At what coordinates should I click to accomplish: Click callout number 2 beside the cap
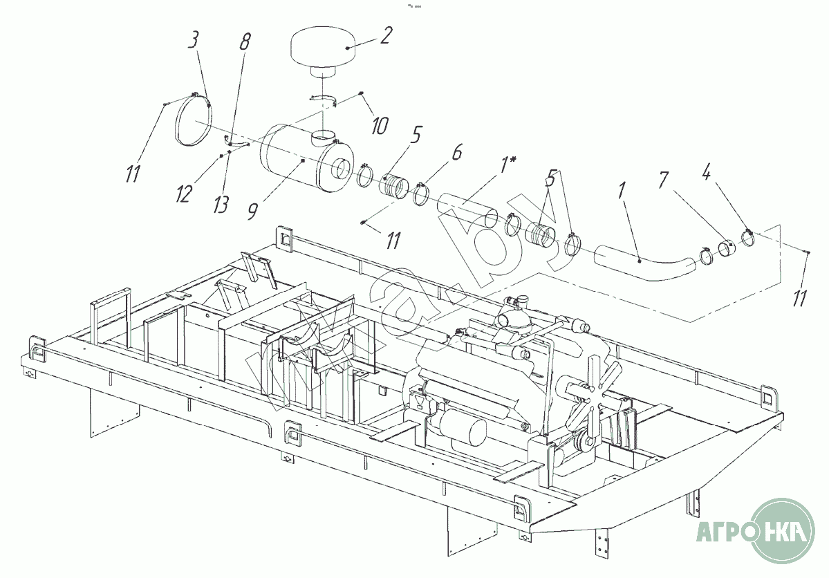click(386, 35)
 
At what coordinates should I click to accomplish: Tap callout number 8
click(245, 41)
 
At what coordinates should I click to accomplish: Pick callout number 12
click(183, 194)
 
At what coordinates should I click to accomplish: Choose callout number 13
click(221, 204)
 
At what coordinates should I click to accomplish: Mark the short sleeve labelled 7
click(726, 248)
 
